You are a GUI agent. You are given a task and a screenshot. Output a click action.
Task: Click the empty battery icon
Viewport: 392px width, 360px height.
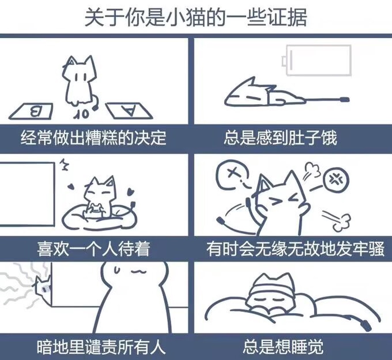pyautogui.click(x=317, y=60)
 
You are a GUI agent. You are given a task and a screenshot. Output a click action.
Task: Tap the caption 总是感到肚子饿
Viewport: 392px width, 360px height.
pyautogui.click(x=280, y=138)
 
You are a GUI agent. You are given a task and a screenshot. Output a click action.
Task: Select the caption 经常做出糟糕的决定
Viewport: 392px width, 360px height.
pyautogui.click(x=93, y=138)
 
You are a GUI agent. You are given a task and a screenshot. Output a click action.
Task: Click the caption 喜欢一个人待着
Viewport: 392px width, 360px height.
pyautogui.click(x=93, y=249)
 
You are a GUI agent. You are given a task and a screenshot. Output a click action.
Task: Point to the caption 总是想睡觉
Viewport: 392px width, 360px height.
pyautogui.click(x=283, y=346)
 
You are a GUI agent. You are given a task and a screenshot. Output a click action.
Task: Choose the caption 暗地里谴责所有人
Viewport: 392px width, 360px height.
pyautogui.click(x=101, y=346)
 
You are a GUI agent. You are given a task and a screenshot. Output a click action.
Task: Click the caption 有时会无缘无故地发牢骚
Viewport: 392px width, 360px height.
pyautogui.click(x=295, y=249)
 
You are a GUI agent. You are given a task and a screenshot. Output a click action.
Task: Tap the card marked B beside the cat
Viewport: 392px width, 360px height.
pyautogui.click(x=31, y=111)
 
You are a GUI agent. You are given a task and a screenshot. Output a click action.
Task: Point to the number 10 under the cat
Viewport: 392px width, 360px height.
pyautogui.click(x=81, y=114)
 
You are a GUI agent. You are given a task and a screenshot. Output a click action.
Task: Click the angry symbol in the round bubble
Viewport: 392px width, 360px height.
pyautogui.click(x=336, y=179)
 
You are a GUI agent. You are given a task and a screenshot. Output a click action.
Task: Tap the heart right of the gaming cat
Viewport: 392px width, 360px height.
pyautogui.click(x=131, y=192)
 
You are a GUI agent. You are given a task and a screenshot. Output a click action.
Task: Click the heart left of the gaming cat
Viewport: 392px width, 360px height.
pyautogui.click(x=71, y=186)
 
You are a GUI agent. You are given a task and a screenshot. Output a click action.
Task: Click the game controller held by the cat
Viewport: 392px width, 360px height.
pyautogui.click(x=95, y=209)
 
